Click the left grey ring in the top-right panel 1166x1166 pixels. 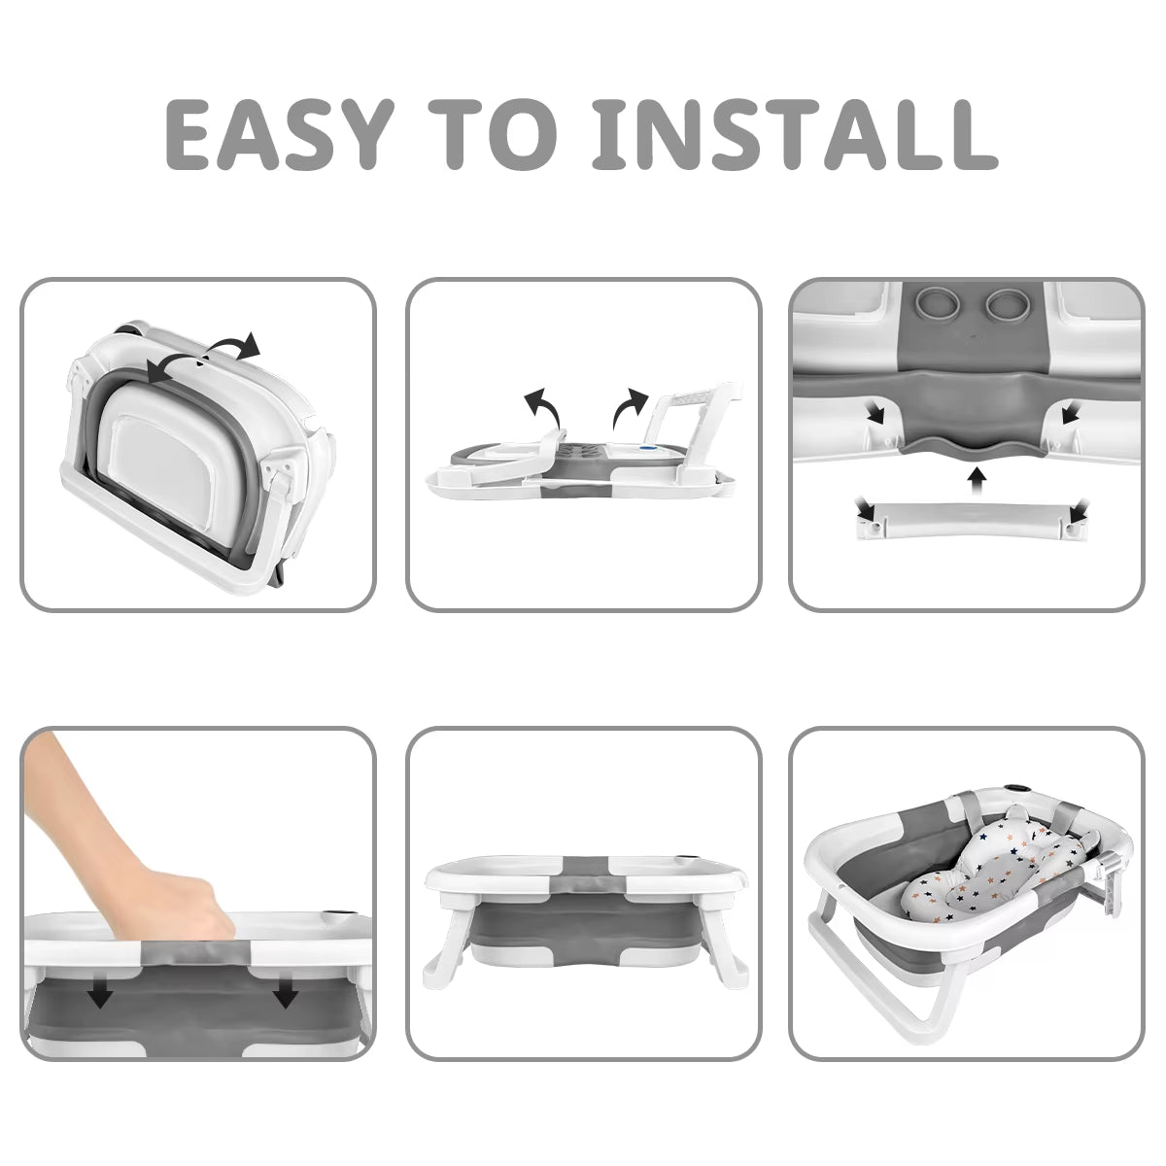[x=933, y=304]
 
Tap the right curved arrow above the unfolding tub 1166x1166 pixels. [x=631, y=406]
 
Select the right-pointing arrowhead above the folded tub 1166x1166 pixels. [x=250, y=345]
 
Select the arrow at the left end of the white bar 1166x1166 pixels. [x=866, y=510]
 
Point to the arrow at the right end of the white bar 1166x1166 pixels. [x=1079, y=510]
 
